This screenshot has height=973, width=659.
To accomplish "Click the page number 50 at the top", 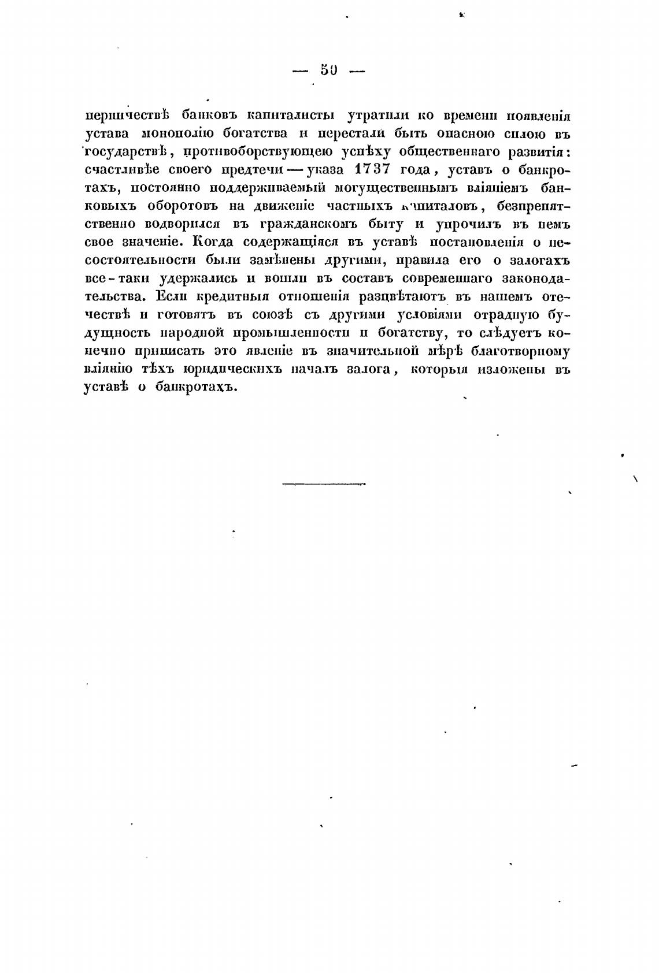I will coord(328,70).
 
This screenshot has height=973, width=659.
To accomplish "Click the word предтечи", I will coord(251,170).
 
